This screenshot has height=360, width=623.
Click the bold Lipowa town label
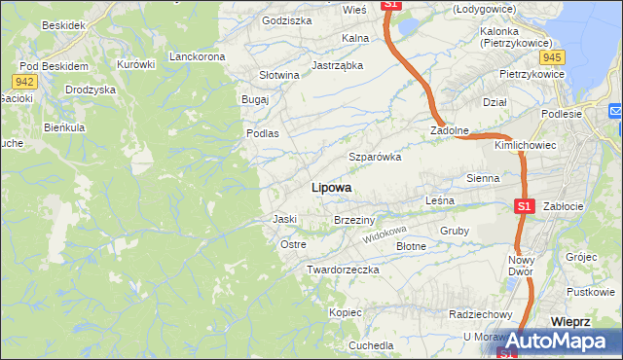(331, 188)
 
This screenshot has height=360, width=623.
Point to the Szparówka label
(375, 157)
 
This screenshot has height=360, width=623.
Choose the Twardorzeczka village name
(342, 269)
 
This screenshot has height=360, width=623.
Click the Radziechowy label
(481, 314)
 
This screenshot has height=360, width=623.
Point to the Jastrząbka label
(337, 66)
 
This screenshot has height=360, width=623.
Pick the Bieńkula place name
(65, 127)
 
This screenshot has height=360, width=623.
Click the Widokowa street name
(384, 234)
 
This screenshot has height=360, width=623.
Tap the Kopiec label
(345, 313)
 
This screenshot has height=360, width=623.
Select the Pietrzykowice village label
(532, 74)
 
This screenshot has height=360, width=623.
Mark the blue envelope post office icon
(615, 112)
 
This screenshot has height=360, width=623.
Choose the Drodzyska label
(91, 90)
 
